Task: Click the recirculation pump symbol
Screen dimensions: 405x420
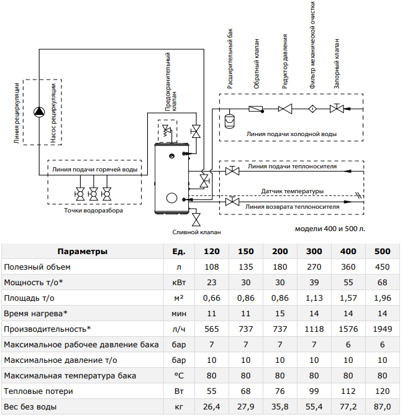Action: click(x=39, y=112)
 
